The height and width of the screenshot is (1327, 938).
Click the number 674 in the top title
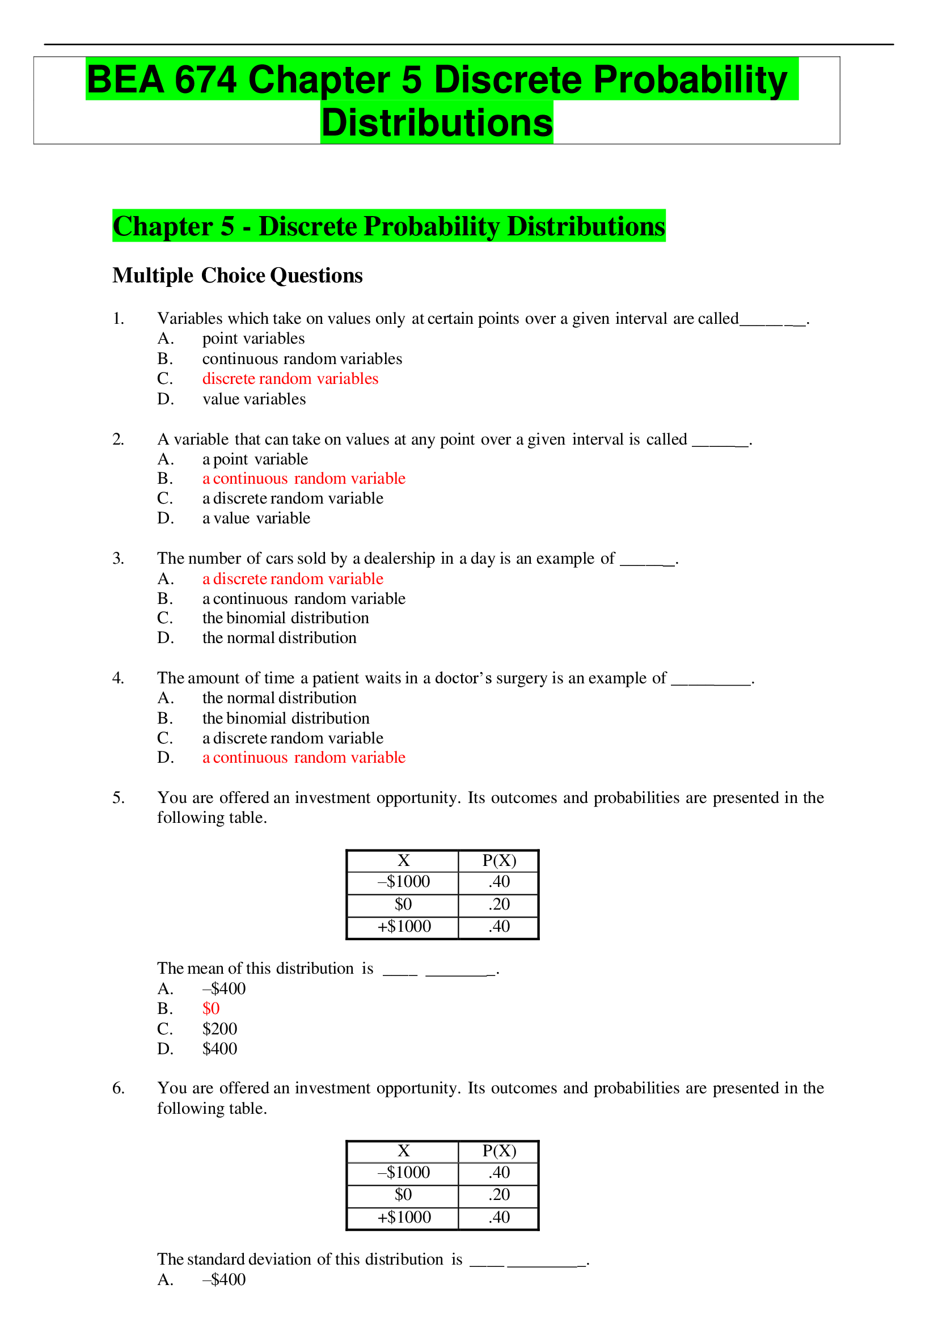pos(205,79)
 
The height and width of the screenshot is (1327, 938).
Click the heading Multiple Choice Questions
pos(237,276)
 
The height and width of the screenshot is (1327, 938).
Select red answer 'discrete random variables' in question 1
pos(290,379)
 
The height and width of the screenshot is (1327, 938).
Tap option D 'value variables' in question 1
pos(253,399)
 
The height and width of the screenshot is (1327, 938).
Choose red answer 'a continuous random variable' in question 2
pos(303,479)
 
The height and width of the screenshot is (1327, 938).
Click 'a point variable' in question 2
pos(255,459)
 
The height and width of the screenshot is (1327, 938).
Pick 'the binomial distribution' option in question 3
pos(285,618)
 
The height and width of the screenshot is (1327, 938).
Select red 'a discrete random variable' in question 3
pos(293,578)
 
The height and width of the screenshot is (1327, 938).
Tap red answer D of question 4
pos(303,757)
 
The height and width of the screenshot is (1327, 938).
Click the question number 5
pos(118,797)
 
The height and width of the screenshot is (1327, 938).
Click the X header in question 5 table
pos(403,861)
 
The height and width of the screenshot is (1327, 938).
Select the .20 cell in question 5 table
pos(498,904)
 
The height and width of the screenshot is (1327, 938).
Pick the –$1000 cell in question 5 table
pos(403,881)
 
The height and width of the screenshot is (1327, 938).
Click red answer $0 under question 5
pos(211,1008)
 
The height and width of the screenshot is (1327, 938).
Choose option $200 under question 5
pos(219,1029)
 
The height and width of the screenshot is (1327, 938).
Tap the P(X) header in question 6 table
pos(498,1151)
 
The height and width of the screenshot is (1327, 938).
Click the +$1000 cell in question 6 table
pos(403,1217)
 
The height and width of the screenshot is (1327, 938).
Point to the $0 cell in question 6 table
pos(403,1195)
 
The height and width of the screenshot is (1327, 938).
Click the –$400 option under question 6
pos(223,1279)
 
